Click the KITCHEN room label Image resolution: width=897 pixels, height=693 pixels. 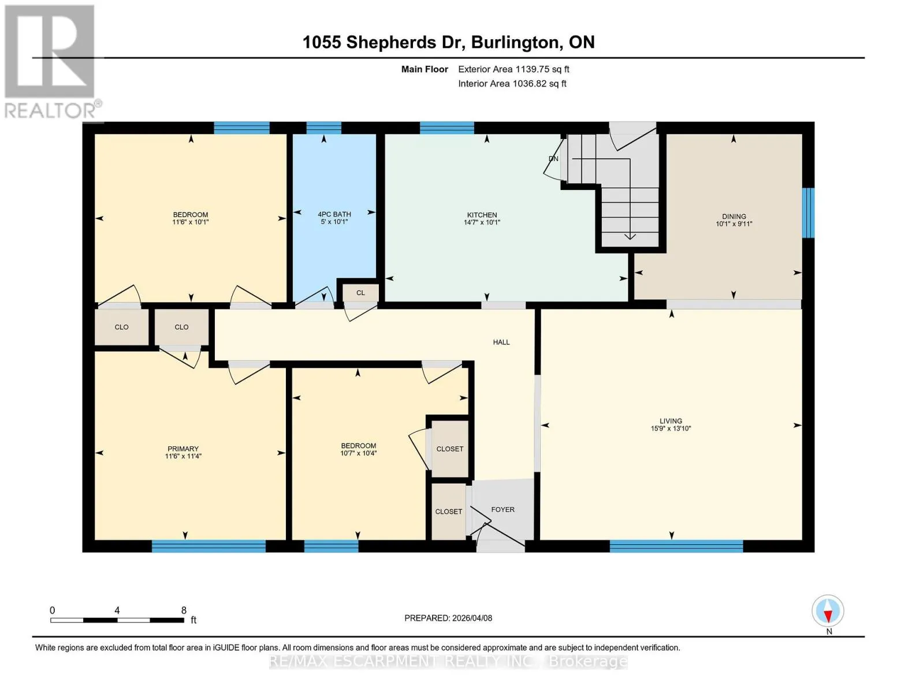click(482, 215)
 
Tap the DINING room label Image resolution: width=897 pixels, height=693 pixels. click(734, 217)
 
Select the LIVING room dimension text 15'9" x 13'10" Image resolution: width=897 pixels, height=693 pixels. click(671, 429)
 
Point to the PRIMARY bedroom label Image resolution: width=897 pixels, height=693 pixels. click(183, 449)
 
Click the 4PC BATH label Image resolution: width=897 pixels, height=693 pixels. click(334, 214)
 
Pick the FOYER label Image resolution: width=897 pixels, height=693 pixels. click(503, 510)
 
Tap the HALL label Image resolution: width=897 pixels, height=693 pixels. click(501, 342)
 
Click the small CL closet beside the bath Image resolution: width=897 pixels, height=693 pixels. click(360, 293)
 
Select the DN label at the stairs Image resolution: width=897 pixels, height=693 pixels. click(553, 158)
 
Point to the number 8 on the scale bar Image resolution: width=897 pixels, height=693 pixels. click(184, 610)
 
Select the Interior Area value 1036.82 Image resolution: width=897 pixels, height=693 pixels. click(528, 83)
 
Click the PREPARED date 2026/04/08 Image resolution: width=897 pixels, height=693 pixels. click(472, 619)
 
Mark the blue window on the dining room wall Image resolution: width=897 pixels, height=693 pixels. click(808, 213)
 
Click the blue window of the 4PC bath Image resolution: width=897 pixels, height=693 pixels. click(323, 128)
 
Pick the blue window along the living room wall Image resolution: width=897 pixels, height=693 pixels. click(676, 546)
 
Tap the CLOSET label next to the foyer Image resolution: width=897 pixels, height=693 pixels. click(448, 512)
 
